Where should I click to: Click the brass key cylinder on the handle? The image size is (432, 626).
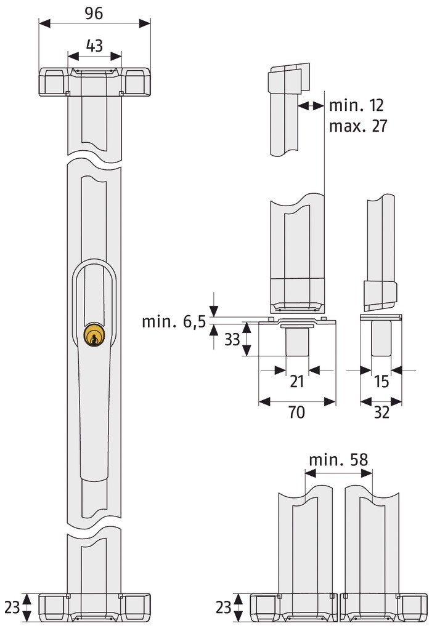point(94,335)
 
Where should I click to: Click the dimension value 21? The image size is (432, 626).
point(297,382)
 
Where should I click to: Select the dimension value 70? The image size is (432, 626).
point(297,412)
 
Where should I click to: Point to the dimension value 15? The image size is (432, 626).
point(381,382)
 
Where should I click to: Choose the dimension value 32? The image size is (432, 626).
point(381,412)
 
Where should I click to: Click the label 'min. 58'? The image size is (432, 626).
point(338,459)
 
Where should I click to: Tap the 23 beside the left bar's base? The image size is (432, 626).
point(12,607)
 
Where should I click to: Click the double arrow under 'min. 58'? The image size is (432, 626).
point(338,473)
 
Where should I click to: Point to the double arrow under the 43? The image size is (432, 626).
point(94,56)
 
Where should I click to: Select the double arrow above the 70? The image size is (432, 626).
point(297,401)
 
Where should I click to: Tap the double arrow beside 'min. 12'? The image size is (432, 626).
point(311,106)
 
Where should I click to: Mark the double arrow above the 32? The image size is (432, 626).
point(381,401)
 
